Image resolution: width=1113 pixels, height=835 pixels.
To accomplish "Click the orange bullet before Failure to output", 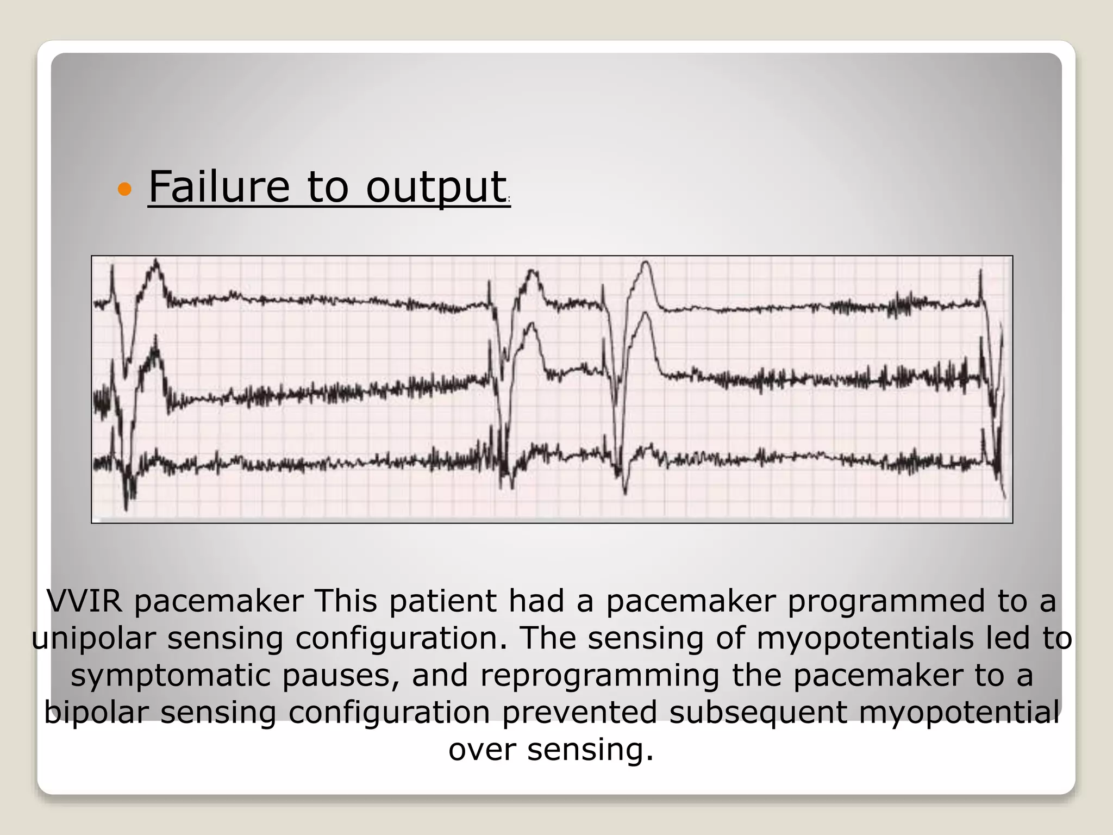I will (124, 189).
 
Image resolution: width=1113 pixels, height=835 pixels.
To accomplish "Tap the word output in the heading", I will (436, 188).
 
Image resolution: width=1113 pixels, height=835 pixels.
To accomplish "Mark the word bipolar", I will (96, 712).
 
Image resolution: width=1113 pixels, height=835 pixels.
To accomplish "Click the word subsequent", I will (758, 712).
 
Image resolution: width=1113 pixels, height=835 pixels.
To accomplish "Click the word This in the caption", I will (345, 601).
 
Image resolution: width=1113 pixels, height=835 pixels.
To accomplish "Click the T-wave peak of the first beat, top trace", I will (157, 261).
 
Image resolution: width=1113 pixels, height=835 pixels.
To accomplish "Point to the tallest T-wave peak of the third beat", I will (646, 264).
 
